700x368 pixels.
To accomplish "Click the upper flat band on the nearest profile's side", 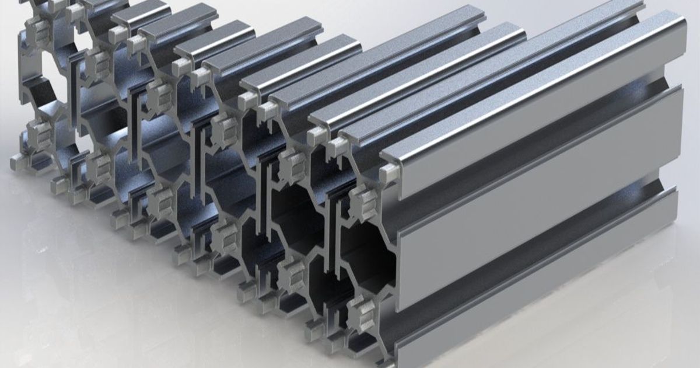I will pyautogui.click(x=525, y=111).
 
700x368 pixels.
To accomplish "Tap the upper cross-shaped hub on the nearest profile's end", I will pyautogui.click(x=366, y=202).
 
